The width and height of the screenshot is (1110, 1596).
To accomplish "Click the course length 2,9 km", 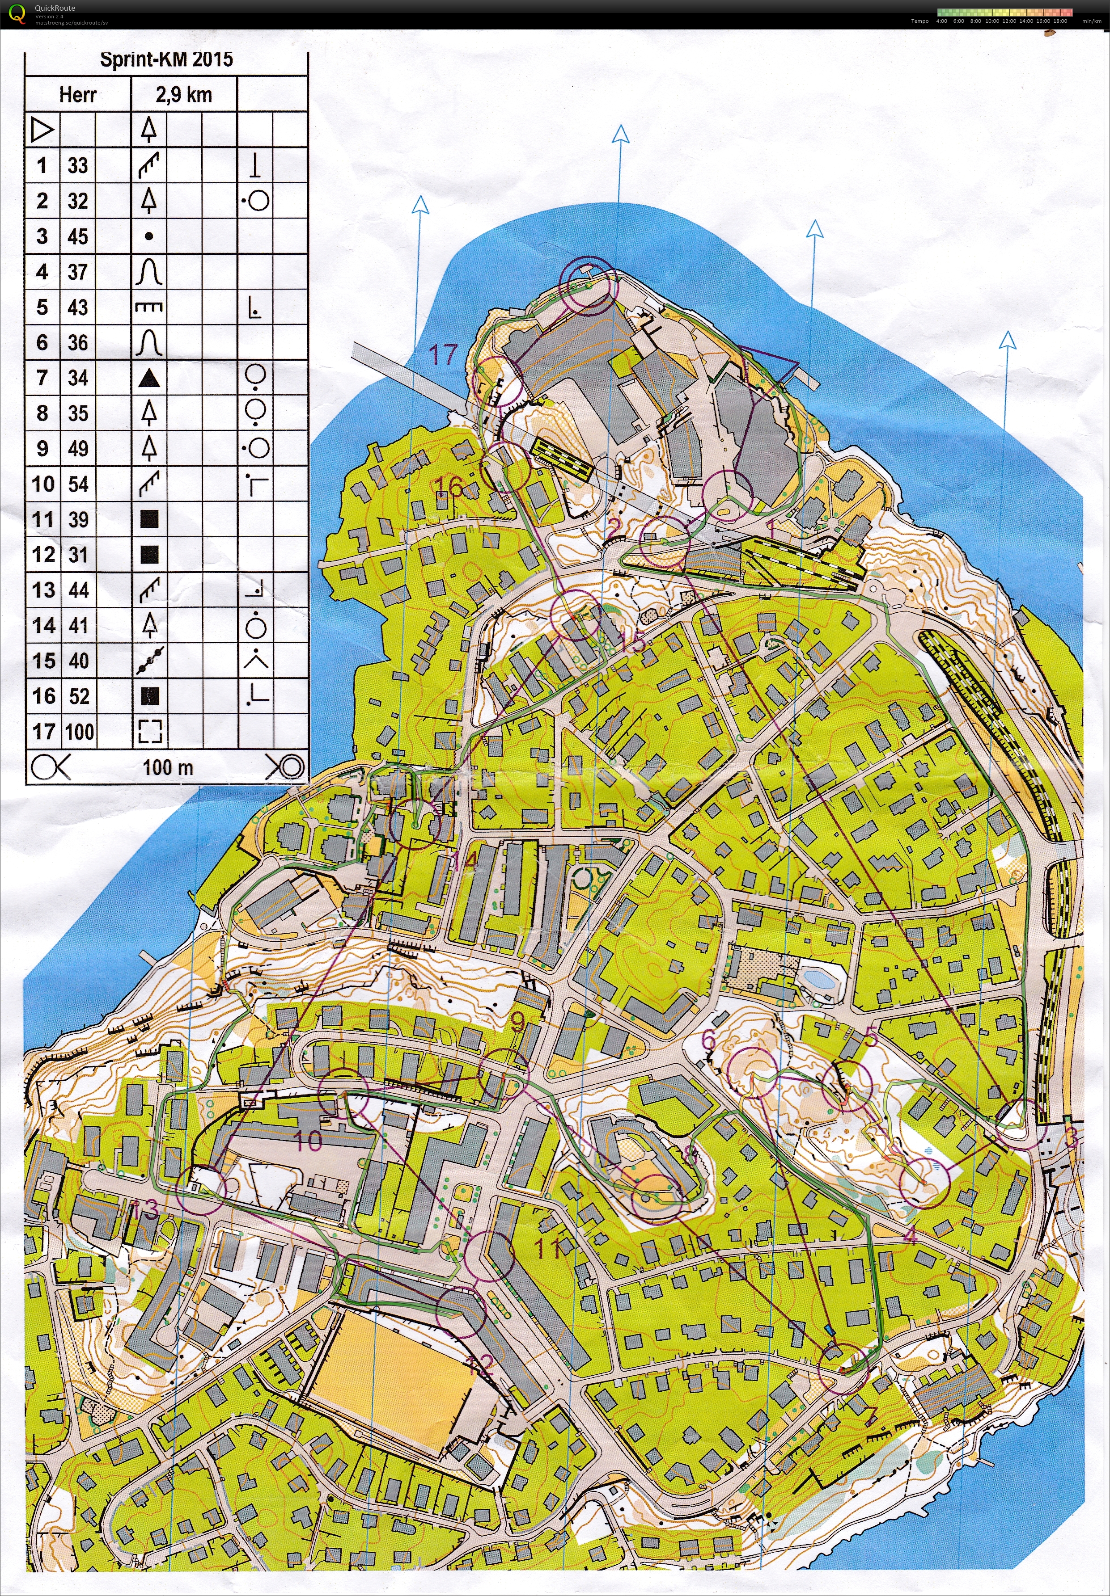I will click(x=184, y=95).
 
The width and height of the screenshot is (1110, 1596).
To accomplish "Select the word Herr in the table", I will click(x=77, y=95).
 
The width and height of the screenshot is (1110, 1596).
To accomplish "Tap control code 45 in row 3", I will click(x=78, y=236).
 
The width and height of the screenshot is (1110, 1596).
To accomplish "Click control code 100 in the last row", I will click(x=80, y=731).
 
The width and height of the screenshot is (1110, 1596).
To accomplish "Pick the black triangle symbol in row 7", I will click(x=149, y=378).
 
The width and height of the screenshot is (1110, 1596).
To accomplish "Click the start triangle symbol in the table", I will click(x=42, y=130).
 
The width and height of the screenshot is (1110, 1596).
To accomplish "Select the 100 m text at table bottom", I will click(x=168, y=767).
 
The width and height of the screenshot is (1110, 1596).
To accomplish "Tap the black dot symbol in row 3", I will click(x=149, y=236).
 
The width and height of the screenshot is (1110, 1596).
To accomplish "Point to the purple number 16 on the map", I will click(x=450, y=487).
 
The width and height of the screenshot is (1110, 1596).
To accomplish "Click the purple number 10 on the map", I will click(x=309, y=1140).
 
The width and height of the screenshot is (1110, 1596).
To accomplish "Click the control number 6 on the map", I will click(x=708, y=1040).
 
